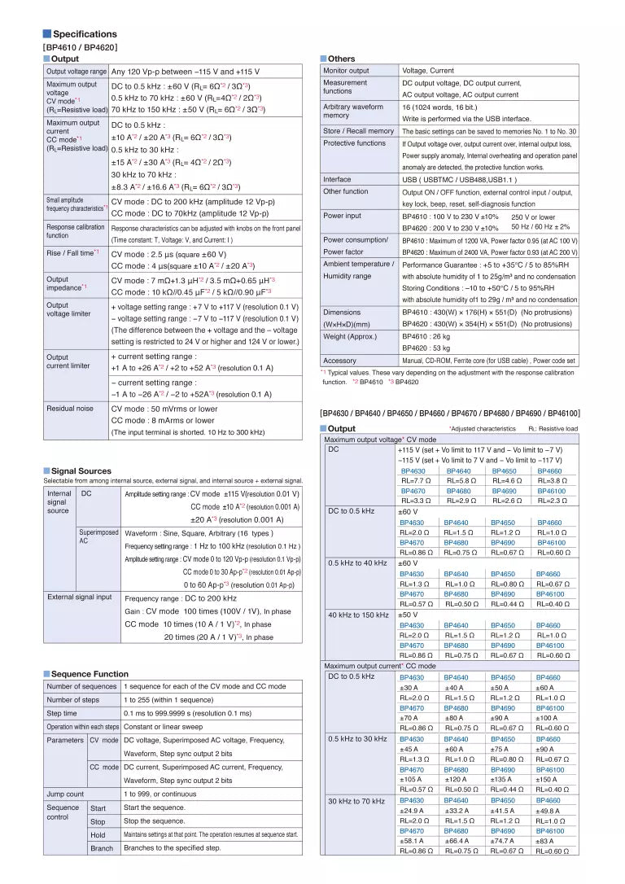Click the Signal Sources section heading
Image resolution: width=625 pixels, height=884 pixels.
tap(81, 470)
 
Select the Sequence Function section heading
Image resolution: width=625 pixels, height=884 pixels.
tap(90, 673)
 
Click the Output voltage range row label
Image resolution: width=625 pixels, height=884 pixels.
tap(76, 72)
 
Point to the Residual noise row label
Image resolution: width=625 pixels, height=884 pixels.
tap(71, 408)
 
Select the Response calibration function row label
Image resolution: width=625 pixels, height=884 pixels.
tap(76, 231)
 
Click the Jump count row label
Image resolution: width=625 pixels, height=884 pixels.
tap(65, 794)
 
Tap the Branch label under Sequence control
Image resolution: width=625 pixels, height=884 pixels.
tap(102, 847)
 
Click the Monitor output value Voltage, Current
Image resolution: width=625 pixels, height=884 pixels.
tap(428, 71)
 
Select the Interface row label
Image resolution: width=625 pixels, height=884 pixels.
tap(337, 179)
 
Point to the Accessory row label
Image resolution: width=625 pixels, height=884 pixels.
tap(339, 360)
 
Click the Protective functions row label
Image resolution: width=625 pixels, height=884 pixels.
tap(354, 142)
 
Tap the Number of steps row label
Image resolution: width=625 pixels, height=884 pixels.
tap(73, 699)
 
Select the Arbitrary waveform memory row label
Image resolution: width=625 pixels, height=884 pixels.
tap(352, 112)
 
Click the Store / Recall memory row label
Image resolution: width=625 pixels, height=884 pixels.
tap(358, 130)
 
